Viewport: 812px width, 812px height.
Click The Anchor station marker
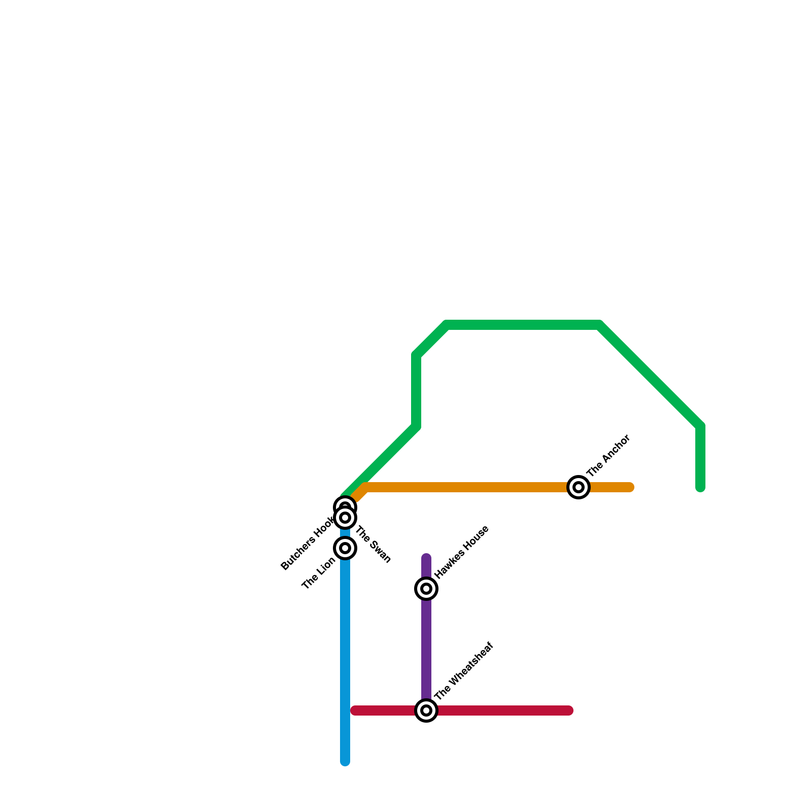pos(578,487)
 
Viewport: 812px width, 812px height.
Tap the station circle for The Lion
pos(345,548)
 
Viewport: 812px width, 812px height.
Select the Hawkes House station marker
pos(426,589)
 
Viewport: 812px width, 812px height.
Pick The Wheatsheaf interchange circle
pos(426,710)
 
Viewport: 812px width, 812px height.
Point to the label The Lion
pos(318,573)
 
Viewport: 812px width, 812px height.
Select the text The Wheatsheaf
pos(464,671)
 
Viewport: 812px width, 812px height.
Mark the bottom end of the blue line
pos(345,761)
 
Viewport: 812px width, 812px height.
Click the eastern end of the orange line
pos(630,487)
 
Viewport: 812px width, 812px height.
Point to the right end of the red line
pos(569,710)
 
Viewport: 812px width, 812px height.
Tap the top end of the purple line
pos(426,558)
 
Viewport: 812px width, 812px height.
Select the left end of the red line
pos(355,710)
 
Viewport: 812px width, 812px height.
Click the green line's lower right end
pos(700,488)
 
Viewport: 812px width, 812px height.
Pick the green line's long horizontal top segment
pos(523,325)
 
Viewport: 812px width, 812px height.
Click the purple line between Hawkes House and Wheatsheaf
pos(426,650)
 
